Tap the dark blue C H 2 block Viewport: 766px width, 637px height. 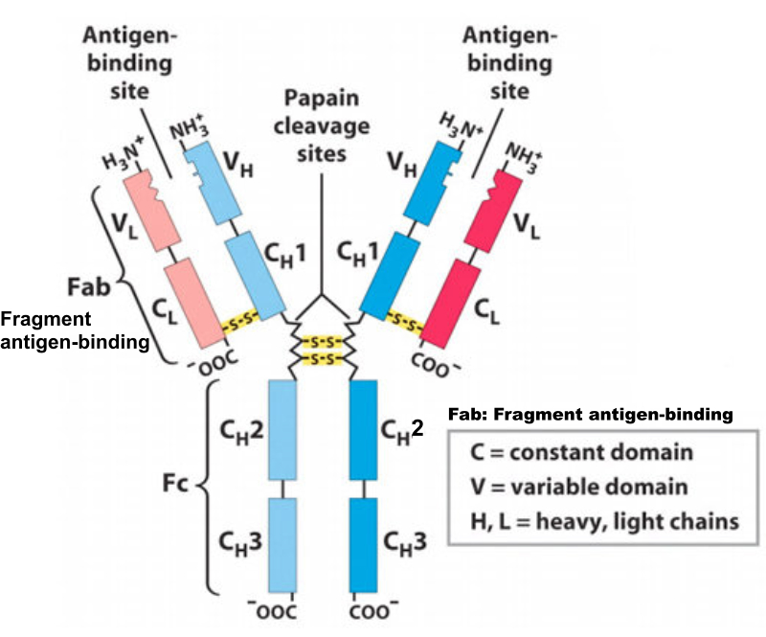[364, 428]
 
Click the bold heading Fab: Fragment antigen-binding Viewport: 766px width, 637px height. [591, 414]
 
